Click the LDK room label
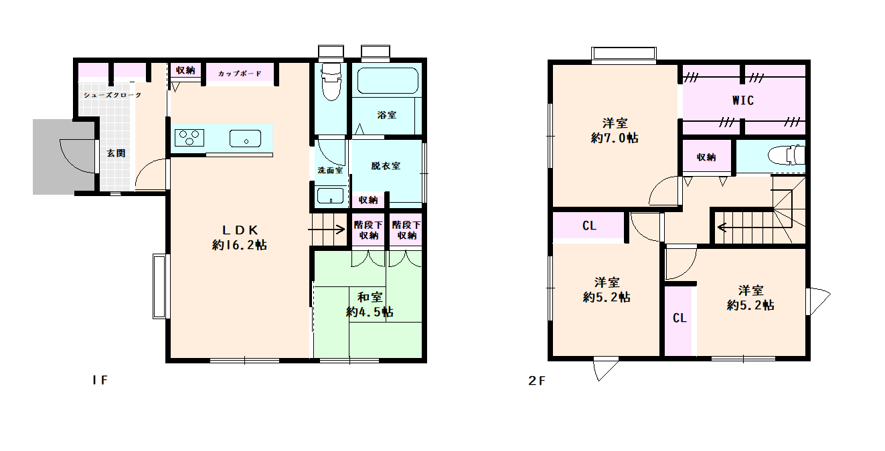point(240,238)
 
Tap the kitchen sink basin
point(246,139)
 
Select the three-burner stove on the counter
point(189,138)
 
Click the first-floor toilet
point(331,81)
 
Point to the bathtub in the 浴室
point(388,80)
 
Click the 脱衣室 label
point(386,166)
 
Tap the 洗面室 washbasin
point(330,196)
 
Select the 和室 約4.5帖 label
point(370,304)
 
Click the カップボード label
point(240,74)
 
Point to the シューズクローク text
point(112,95)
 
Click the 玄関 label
point(116,153)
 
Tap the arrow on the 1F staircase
point(326,229)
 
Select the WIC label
point(743,100)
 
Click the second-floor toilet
point(786,155)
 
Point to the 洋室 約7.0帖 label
point(615,130)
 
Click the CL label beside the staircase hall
point(589,225)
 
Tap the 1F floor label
point(100,380)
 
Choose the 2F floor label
point(537,381)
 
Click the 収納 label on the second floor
point(706,157)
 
